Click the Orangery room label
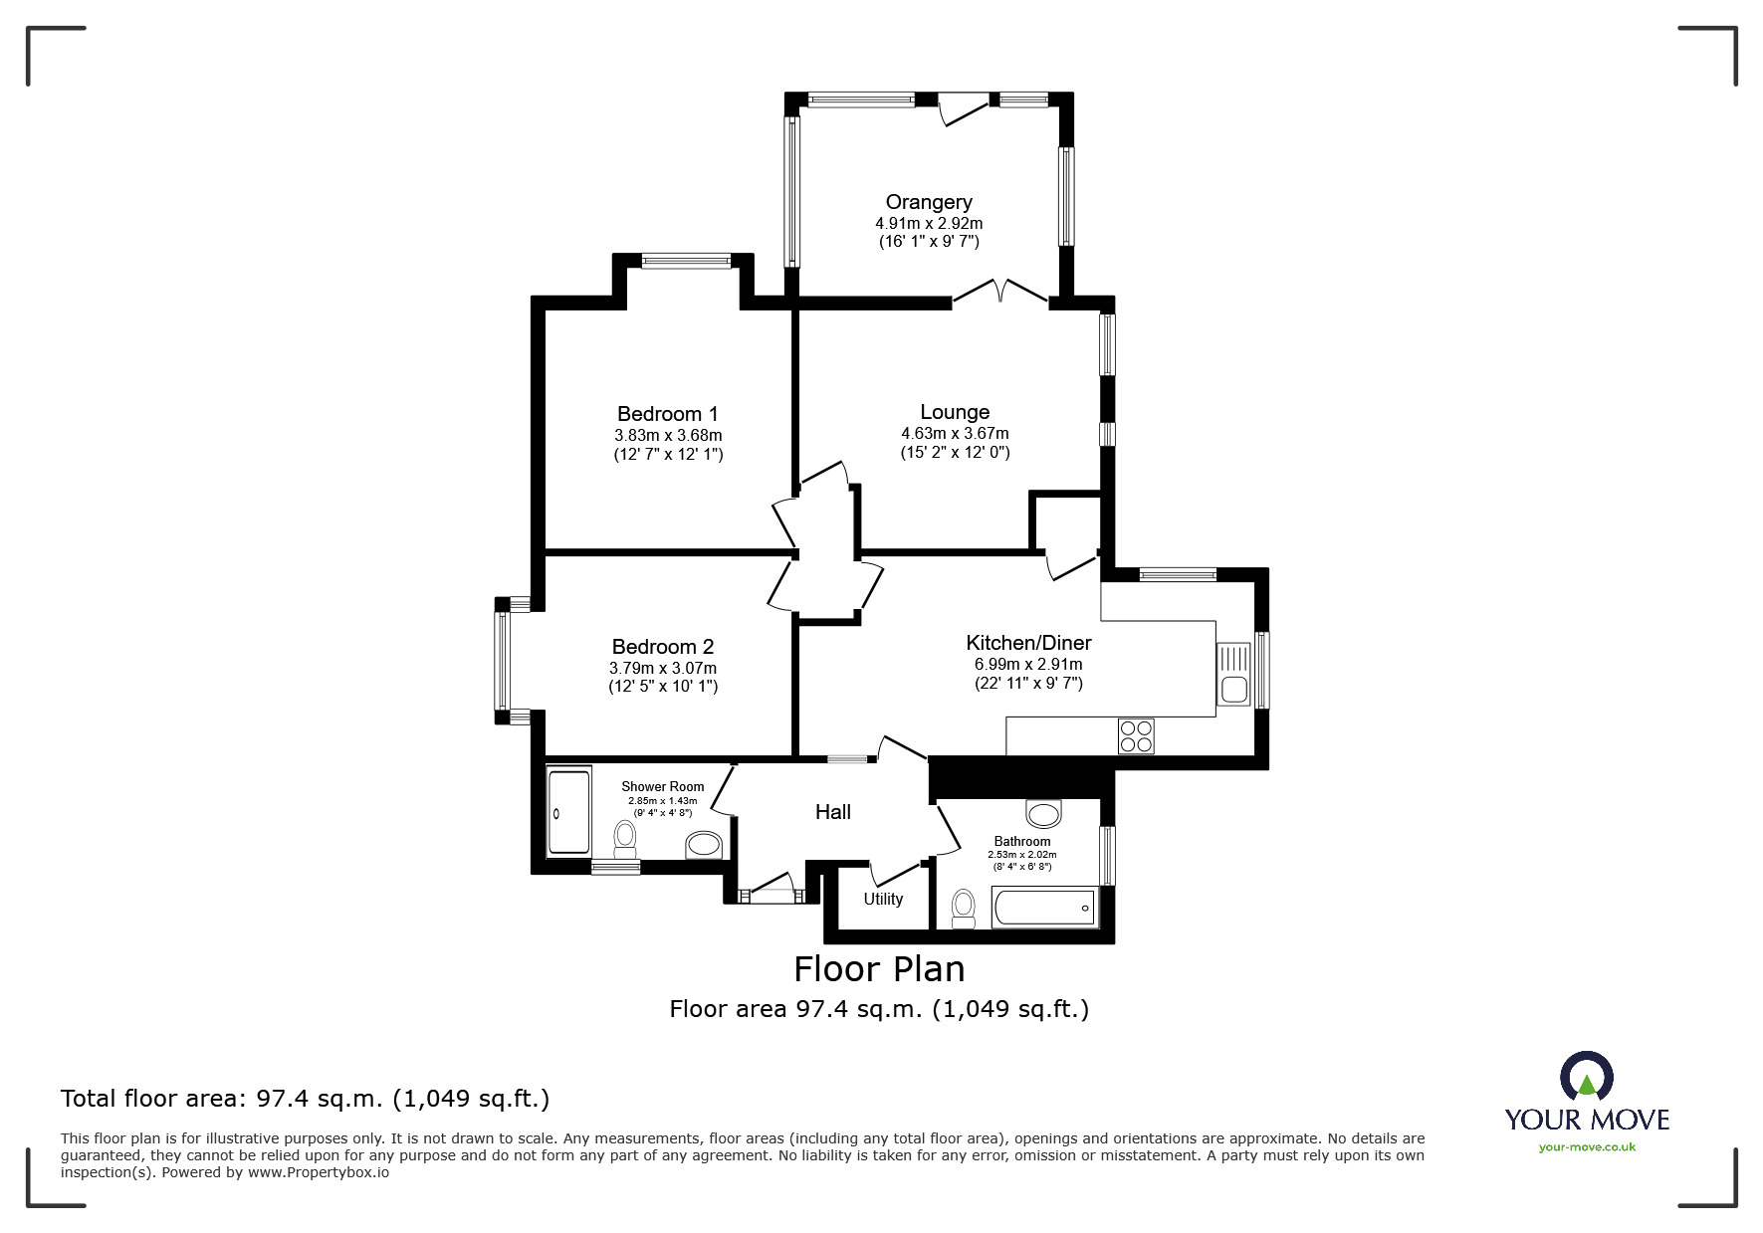click(x=928, y=202)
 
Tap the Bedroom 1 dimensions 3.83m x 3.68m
click(x=667, y=436)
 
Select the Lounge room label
click(x=954, y=412)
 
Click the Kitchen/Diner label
click(x=1028, y=643)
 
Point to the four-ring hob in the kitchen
click(x=1136, y=735)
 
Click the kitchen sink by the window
click(x=1234, y=674)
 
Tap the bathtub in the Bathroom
click(x=1043, y=908)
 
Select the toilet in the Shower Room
click(x=625, y=838)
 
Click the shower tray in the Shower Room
click(x=568, y=809)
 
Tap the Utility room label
click(x=882, y=900)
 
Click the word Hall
click(x=832, y=812)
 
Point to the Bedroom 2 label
click(x=662, y=647)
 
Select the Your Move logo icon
click(x=1585, y=1078)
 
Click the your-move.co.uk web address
click(x=1587, y=1147)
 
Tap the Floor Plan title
click(x=878, y=968)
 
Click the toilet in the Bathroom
click(x=963, y=909)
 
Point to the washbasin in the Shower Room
click(x=704, y=845)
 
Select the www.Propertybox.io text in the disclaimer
click(x=319, y=1172)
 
